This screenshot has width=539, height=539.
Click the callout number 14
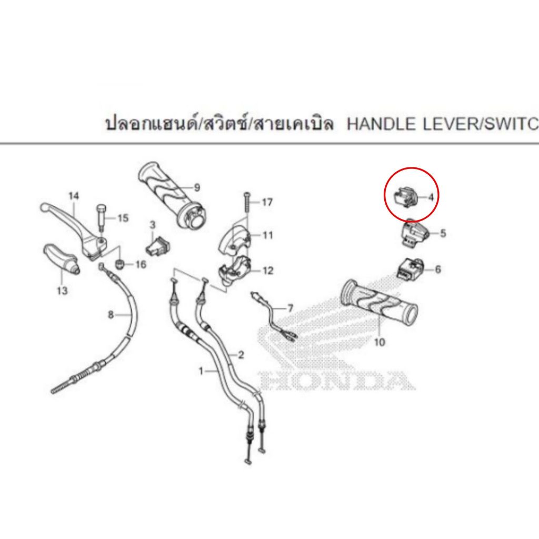point(74,196)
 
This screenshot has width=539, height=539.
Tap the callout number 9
point(197,188)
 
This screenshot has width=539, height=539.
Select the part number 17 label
point(267,202)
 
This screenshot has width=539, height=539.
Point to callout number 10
point(380,342)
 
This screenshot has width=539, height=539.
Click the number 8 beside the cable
point(111,315)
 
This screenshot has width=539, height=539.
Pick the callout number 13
point(62,291)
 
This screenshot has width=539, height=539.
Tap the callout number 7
point(291,308)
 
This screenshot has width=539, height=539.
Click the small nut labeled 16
point(119,265)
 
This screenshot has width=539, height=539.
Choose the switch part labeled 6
point(411,270)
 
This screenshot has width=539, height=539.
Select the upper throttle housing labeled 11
point(235,237)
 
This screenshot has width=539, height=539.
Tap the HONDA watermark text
point(337,381)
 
